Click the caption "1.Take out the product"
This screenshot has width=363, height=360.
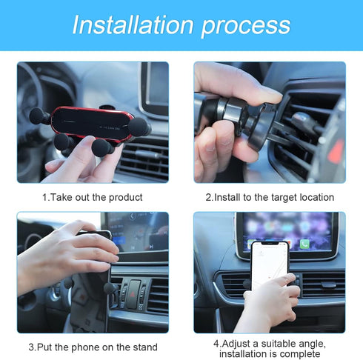[x=93, y=197]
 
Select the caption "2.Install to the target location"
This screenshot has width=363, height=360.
[x=270, y=197]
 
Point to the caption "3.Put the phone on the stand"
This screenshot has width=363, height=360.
[x=93, y=347]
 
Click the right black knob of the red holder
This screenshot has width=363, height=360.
[x=138, y=127]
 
